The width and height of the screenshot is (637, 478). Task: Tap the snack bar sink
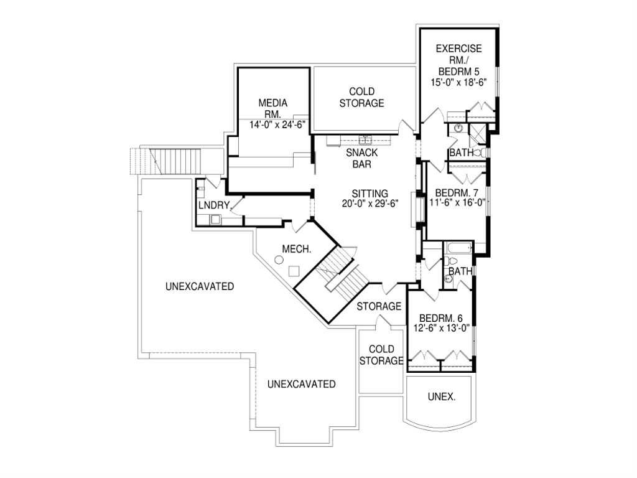click(365, 139)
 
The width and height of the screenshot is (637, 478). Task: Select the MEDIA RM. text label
click(274, 109)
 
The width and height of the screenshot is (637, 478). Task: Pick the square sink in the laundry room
click(215, 218)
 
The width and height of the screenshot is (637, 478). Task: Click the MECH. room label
click(297, 249)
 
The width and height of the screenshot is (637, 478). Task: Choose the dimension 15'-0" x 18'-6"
click(458, 81)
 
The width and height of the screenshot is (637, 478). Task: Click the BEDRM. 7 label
click(457, 192)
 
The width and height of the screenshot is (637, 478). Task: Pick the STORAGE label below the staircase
click(379, 306)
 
